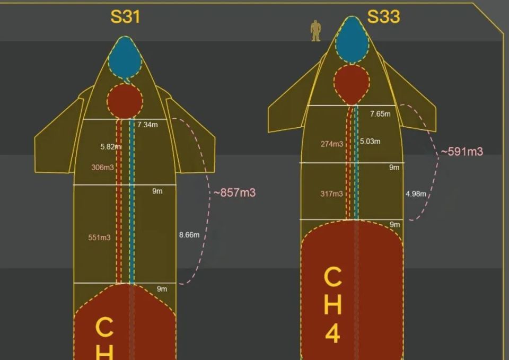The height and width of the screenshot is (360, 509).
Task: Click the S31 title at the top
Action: [x=125, y=17]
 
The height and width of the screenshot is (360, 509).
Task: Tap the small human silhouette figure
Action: [x=315, y=30]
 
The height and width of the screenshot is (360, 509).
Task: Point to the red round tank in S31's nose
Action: [x=125, y=99]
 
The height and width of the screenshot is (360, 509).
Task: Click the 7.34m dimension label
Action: [x=148, y=125]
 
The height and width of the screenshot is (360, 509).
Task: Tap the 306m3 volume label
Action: [x=102, y=168]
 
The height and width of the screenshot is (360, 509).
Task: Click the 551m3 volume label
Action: [x=99, y=238]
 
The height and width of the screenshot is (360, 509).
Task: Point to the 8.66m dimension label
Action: [x=189, y=235]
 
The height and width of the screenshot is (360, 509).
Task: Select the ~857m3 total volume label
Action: [x=234, y=192]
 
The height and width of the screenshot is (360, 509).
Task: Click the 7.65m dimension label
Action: [x=380, y=114]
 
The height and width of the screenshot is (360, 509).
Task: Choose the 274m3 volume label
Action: [x=331, y=144]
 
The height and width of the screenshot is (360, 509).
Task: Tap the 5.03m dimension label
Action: [x=370, y=142]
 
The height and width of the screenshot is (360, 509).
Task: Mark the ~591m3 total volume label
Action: [x=462, y=152]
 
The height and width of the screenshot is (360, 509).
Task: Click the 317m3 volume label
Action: [x=331, y=194]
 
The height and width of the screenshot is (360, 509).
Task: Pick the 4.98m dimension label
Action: [x=416, y=194]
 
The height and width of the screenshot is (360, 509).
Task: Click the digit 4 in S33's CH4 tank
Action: [x=332, y=335]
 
